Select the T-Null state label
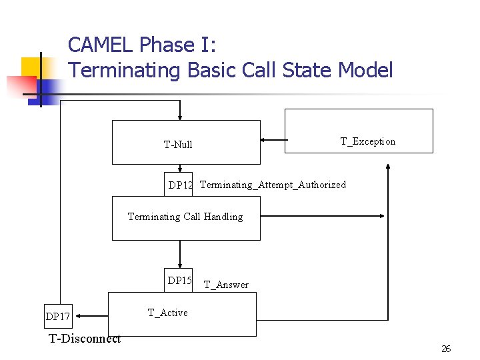pos(178,145)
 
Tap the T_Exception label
pos(367,141)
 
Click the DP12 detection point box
pos(179,185)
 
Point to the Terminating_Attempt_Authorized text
pos(273,185)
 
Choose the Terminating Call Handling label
pos(185,217)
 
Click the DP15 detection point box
pos(179,281)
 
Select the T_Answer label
pos(226,285)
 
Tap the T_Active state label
pos(167,313)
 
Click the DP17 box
pos(57,316)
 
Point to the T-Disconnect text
pos(85,339)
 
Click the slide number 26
pos(446,349)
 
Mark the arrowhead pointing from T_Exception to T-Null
pos(264,141)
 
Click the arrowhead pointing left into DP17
pos(75,315)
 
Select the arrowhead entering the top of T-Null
pos(180,116)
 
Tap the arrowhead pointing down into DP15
pos(180,264)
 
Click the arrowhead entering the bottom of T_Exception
pos(386,157)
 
